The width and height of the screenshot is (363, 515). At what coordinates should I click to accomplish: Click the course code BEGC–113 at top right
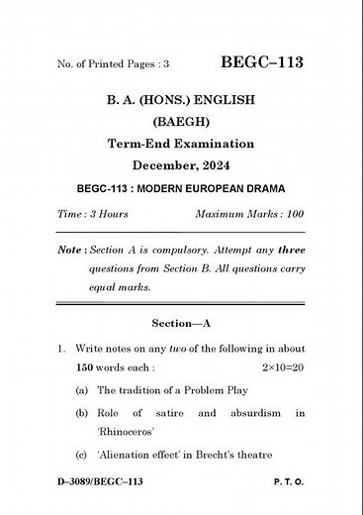262,62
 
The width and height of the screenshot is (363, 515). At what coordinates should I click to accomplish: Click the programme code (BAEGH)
180,122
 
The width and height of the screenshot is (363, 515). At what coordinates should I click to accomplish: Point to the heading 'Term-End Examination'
180,144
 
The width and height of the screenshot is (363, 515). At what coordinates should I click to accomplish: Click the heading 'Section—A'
180,324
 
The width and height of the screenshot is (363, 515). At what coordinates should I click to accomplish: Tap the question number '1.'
62,349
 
